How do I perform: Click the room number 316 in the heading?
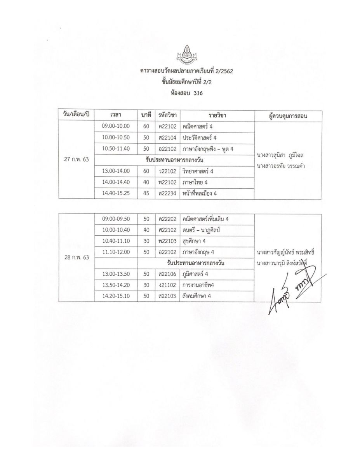(198, 93)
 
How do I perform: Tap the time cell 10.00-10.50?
(116, 137)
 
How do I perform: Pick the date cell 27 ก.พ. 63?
(77, 160)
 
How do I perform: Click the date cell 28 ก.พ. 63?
(77, 257)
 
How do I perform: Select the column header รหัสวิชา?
(167, 115)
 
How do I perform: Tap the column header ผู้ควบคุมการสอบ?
(289, 116)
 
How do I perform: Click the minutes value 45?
(146, 193)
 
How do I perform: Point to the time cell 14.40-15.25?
(116, 193)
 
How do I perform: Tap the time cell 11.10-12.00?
(116, 252)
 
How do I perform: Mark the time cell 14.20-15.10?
(116, 296)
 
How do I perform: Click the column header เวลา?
(116, 115)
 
